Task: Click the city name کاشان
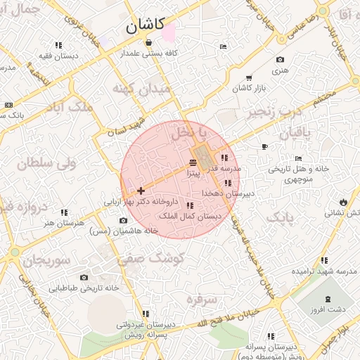click(145, 27)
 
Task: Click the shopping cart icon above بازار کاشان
click(249, 77)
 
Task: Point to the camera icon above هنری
click(281, 60)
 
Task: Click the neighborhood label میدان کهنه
click(141, 89)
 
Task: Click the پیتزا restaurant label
click(193, 172)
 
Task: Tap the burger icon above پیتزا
click(193, 162)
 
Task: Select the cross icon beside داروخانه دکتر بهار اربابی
click(141, 190)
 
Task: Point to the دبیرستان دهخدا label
click(228, 193)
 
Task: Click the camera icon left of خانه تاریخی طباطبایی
click(84, 278)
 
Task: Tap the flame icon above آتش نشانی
click(343, 202)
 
